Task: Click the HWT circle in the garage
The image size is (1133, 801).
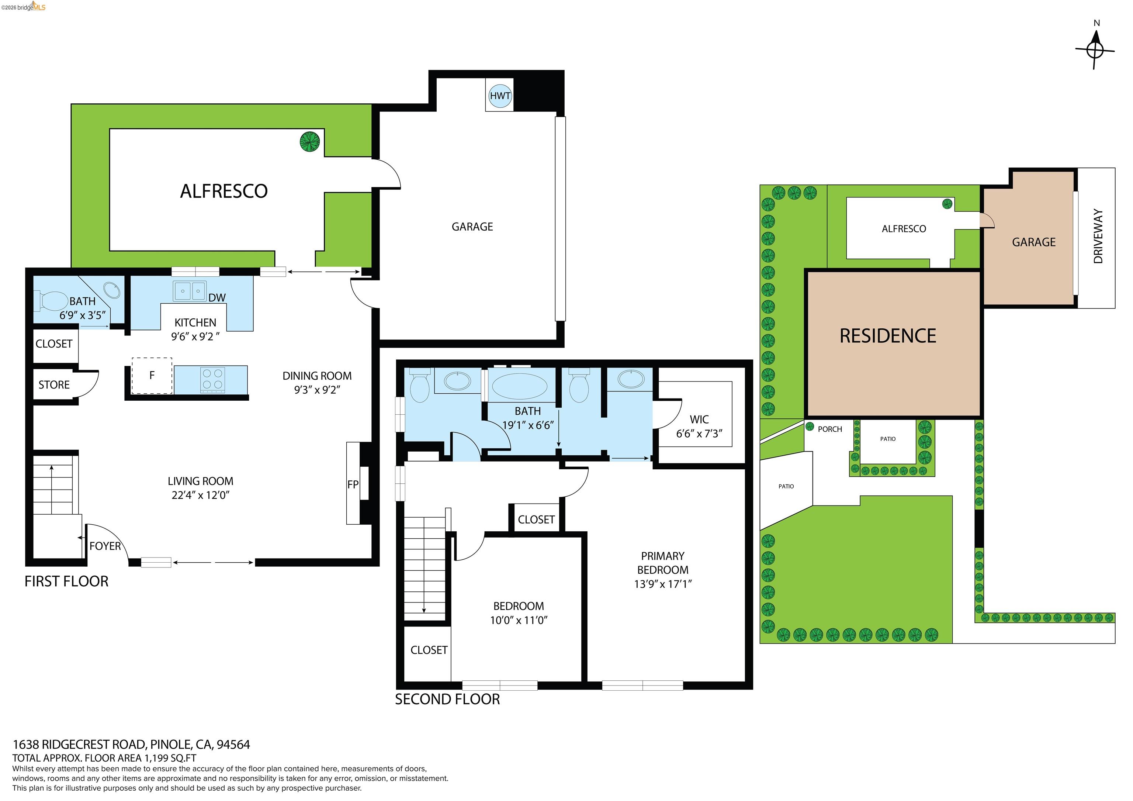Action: tap(500, 96)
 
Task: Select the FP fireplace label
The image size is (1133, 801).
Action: tap(352, 484)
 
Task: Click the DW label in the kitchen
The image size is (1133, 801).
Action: tap(216, 298)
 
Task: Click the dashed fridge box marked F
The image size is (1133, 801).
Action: tap(152, 376)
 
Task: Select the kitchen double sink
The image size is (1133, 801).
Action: tap(190, 291)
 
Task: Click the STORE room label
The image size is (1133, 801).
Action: tap(54, 385)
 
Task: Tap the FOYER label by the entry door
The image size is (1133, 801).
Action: tap(105, 546)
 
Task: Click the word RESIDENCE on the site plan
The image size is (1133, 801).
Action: tap(888, 336)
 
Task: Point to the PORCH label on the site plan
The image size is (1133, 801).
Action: tap(829, 429)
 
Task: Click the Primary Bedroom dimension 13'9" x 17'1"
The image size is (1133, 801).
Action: tap(663, 584)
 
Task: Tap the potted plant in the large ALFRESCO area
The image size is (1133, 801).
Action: tap(310, 142)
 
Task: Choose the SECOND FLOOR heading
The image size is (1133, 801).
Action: tap(447, 699)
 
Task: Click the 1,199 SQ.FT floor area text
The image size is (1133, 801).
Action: tap(170, 758)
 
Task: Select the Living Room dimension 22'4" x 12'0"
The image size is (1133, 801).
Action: tap(200, 495)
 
